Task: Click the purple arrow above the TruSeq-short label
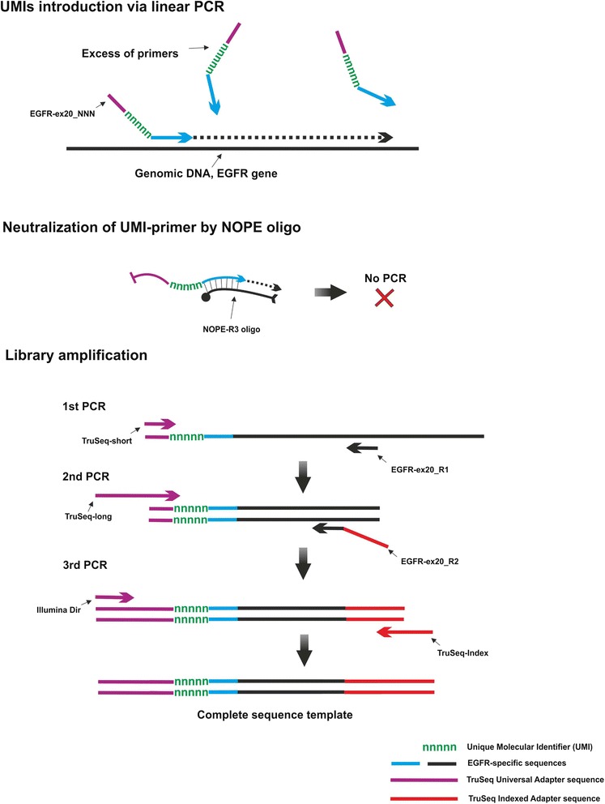160,422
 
